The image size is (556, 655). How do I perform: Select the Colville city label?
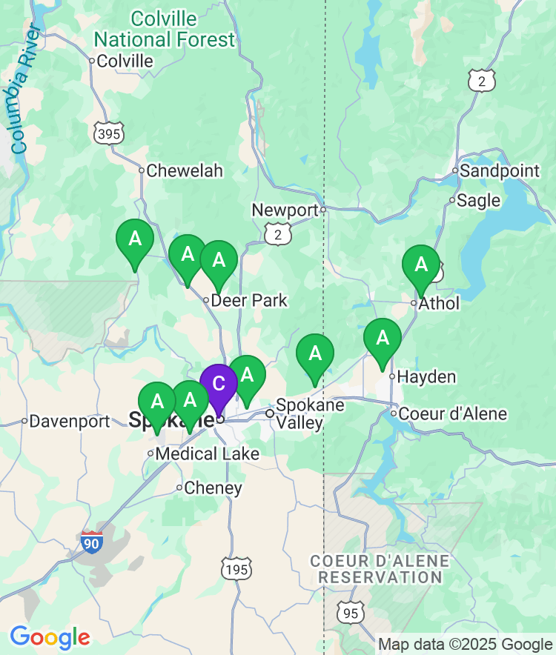tap(125, 61)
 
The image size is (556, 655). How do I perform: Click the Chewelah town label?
tap(184, 170)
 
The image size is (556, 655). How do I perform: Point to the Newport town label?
tap(285, 210)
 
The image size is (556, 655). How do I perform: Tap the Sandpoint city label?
tap(500, 171)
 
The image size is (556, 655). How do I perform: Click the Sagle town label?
tap(478, 200)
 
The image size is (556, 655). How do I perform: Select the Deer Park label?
tap(249, 301)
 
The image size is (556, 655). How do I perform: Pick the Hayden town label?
tap(426, 377)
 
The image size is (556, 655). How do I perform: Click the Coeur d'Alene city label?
tap(452, 413)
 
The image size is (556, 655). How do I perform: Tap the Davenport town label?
tap(70, 421)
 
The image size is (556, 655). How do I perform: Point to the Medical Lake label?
tap(208, 453)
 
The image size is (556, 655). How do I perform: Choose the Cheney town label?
tap(213, 488)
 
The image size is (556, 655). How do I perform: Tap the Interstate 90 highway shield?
tap(92, 542)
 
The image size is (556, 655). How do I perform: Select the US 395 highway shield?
tap(109, 133)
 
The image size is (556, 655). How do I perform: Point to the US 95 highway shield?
tap(350, 612)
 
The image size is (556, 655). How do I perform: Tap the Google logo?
tap(50, 636)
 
